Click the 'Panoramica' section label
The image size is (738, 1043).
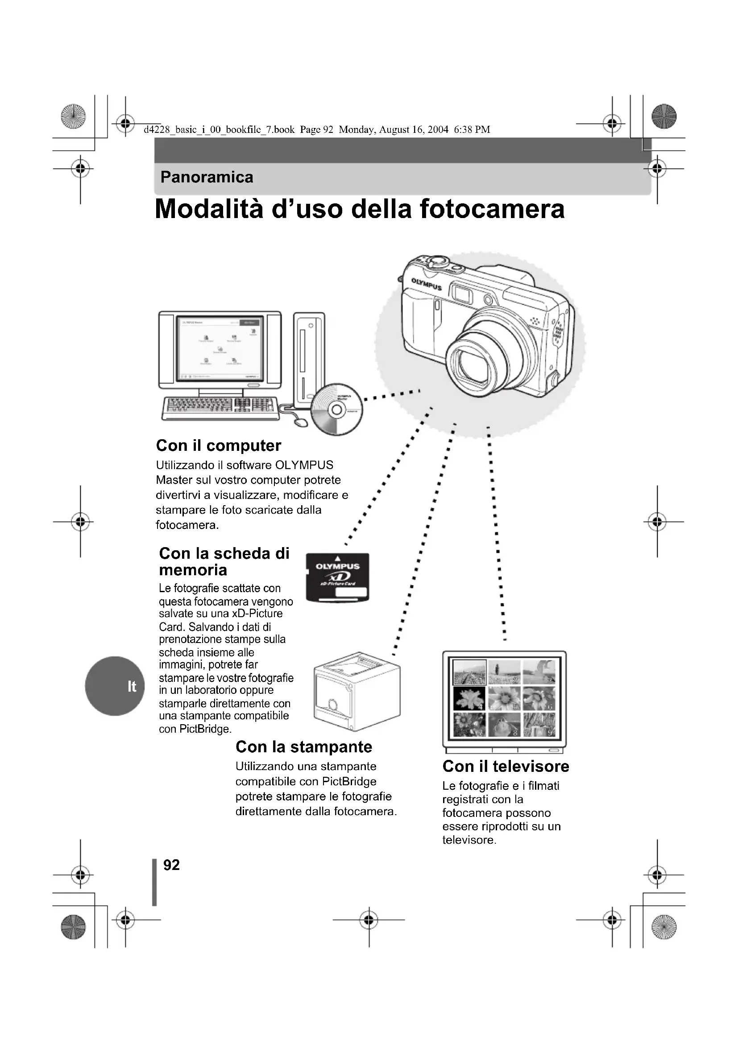tap(207, 177)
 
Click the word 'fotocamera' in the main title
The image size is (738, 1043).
tap(492, 209)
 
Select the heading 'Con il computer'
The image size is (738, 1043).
tap(219, 445)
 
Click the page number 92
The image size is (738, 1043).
tap(171, 865)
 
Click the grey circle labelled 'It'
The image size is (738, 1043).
tap(115, 686)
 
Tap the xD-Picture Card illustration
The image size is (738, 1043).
tap(337, 577)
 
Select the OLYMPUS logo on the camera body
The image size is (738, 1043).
tap(426, 284)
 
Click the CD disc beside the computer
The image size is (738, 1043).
tap(337, 410)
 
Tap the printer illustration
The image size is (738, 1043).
tap(357, 691)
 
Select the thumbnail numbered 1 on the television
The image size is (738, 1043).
tap(469, 672)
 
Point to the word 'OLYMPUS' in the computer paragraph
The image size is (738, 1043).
tap(304, 465)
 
